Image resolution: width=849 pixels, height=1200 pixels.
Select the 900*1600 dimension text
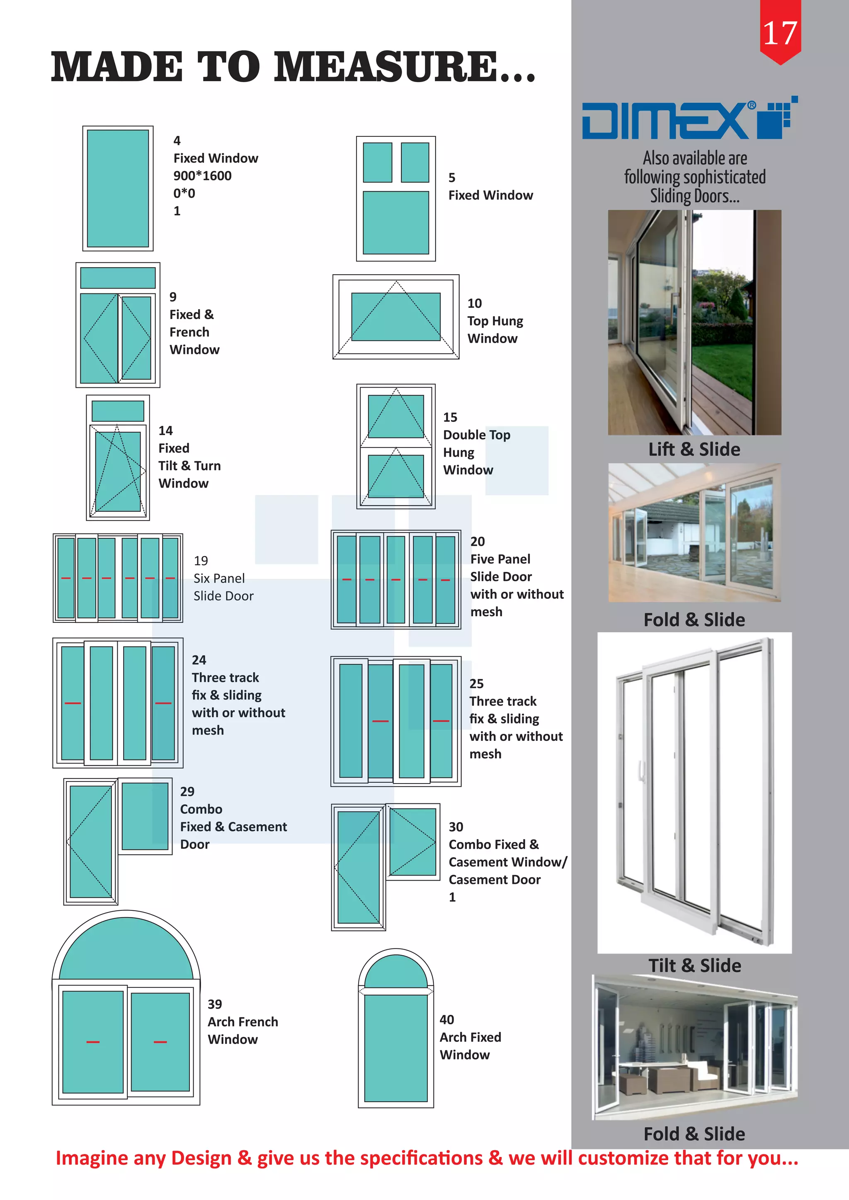[202, 176]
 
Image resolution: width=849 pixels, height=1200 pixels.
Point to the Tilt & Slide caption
[694, 965]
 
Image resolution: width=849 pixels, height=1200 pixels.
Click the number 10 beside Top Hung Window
[474, 303]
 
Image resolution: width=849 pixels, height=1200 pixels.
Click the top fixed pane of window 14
[118, 411]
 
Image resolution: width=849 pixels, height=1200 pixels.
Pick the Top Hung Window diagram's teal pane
[396, 317]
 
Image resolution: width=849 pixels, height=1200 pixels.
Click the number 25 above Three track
[476, 684]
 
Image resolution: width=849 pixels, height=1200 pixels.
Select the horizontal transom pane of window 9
[118, 278]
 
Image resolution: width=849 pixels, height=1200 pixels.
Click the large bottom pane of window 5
[396, 223]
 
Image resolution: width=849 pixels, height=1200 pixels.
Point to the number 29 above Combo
[187, 791]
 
